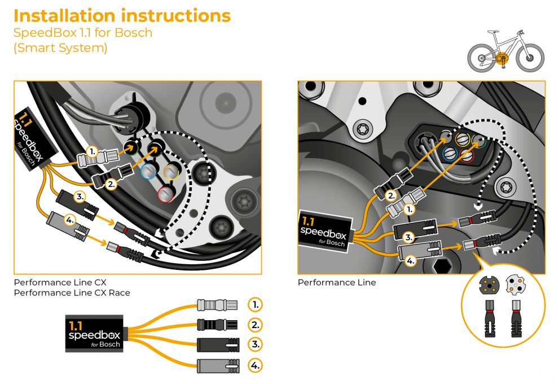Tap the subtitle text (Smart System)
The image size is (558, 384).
click(60, 48)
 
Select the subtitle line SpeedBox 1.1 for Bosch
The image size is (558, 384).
click(83, 32)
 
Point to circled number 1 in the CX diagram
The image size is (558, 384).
click(93, 151)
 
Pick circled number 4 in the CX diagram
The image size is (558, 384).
click(69, 220)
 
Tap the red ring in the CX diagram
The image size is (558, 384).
click(165, 193)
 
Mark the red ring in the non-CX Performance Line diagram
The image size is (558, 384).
click(466, 155)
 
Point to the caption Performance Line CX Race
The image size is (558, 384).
click(72, 292)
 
